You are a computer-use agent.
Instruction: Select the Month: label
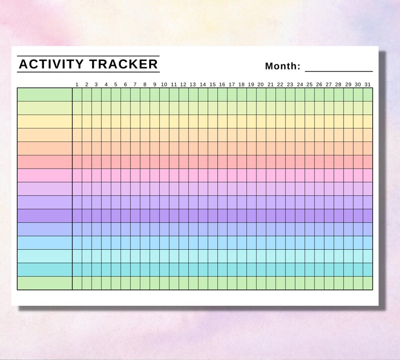pyautogui.click(x=283, y=66)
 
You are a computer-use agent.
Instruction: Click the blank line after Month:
pyautogui.click(x=339, y=68)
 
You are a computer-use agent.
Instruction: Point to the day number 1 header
pyautogui.click(x=77, y=84)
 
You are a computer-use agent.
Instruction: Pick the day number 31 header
pyautogui.click(x=368, y=84)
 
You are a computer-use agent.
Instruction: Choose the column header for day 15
pyautogui.click(x=213, y=84)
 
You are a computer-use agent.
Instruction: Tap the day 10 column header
pyautogui.click(x=164, y=84)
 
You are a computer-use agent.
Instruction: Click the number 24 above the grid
pyautogui.click(x=300, y=84)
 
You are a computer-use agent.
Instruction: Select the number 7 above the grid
pyautogui.click(x=135, y=84)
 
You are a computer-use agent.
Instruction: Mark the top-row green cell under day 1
pyautogui.click(x=77, y=95)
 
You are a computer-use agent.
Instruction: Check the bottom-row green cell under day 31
pyautogui.click(x=368, y=283)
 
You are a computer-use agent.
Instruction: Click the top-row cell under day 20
pyautogui.click(x=261, y=95)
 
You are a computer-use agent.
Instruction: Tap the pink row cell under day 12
pyautogui.click(x=183, y=175)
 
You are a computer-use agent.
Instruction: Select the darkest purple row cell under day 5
pyautogui.click(x=116, y=215)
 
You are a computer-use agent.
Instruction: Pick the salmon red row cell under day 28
pyautogui.click(x=339, y=162)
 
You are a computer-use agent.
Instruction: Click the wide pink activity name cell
pyautogui.click(x=45, y=175)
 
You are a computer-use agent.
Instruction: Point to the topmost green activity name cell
pyautogui.click(x=45, y=95)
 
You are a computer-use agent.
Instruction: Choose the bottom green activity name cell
pyautogui.click(x=45, y=283)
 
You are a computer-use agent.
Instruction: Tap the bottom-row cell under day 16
pyautogui.click(x=222, y=283)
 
